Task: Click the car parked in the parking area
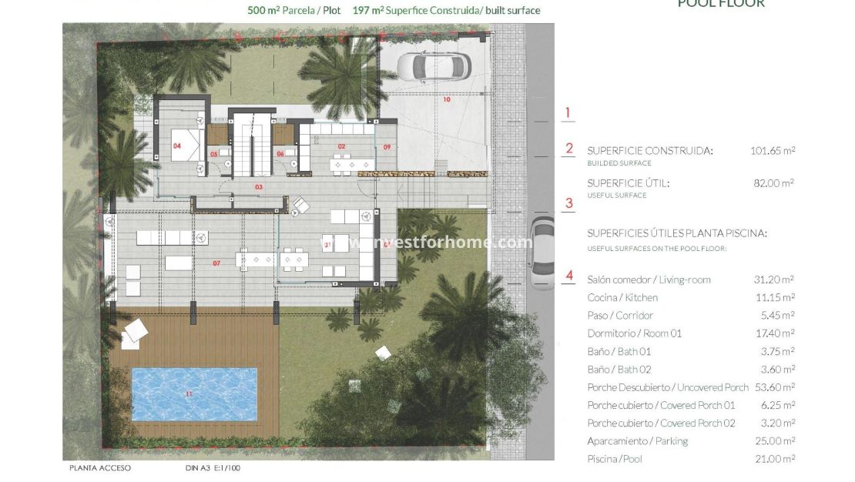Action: (x=441, y=66)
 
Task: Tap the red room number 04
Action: (x=177, y=146)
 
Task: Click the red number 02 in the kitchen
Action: (x=340, y=146)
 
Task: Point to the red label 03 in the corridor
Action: (x=259, y=187)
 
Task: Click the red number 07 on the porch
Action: (x=216, y=263)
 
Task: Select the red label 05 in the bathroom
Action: (x=214, y=154)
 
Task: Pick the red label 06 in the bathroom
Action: (x=280, y=154)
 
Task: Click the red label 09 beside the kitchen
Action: (x=387, y=146)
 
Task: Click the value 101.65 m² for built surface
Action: (x=773, y=151)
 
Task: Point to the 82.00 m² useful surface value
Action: (x=774, y=183)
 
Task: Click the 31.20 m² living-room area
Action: (x=774, y=279)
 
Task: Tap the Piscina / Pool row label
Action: (x=614, y=459)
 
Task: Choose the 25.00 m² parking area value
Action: (x=774, y=441)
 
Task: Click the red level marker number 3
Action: (x=569, y=203)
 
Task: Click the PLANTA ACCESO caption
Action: (x=99, y=467)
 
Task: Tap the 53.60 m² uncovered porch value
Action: (x=774, y=387)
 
